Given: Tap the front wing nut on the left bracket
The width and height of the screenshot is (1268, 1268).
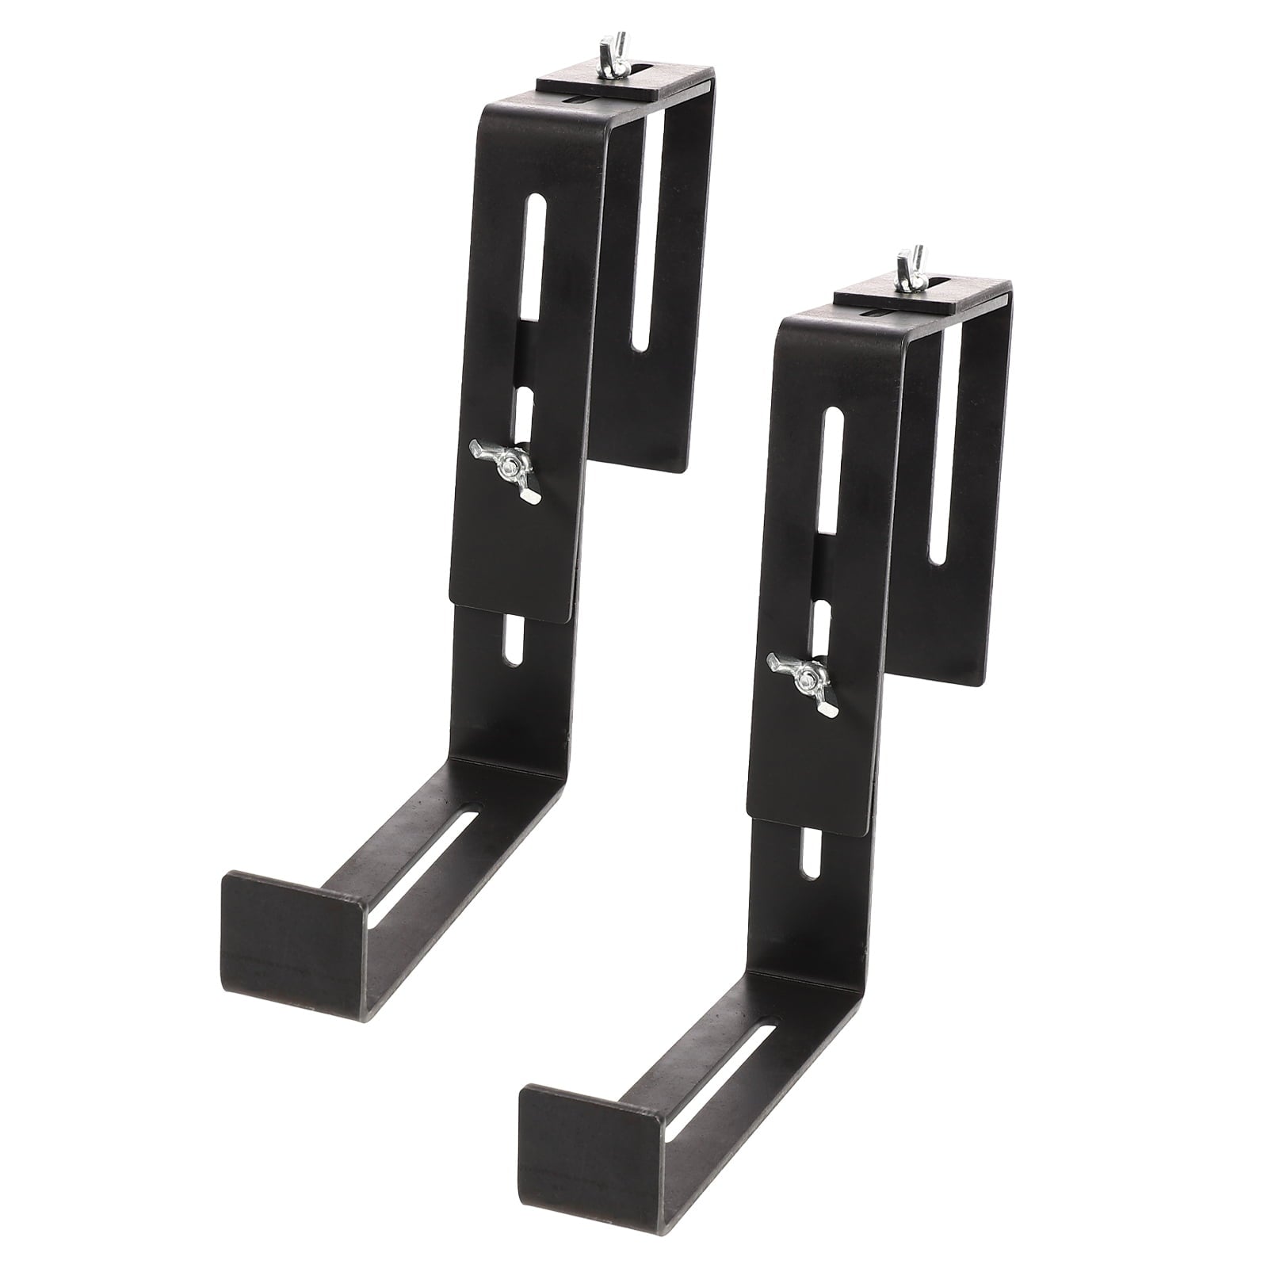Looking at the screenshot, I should tap(506, 470).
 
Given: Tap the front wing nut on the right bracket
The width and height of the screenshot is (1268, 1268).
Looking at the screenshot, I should tap(804, 680).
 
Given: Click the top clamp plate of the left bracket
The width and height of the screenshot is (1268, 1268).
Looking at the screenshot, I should tap(626, 84).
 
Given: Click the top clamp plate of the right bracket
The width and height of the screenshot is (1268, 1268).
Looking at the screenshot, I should tap(923, 297).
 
